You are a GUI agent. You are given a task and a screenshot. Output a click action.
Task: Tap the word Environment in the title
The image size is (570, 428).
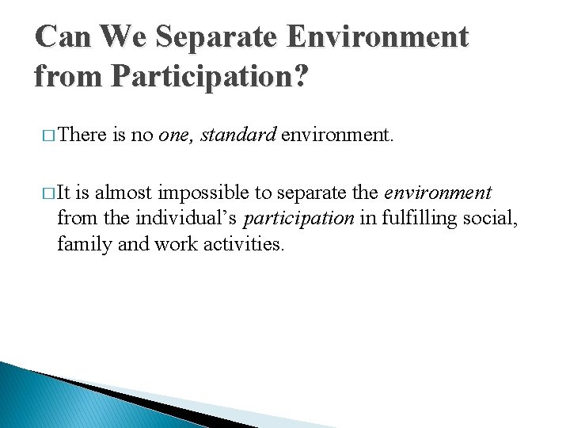click(x=389, y=36)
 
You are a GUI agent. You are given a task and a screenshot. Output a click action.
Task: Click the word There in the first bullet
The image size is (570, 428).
click(x=82, y=135)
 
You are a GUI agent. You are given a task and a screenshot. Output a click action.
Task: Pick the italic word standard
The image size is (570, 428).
click(x=237, y=135)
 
